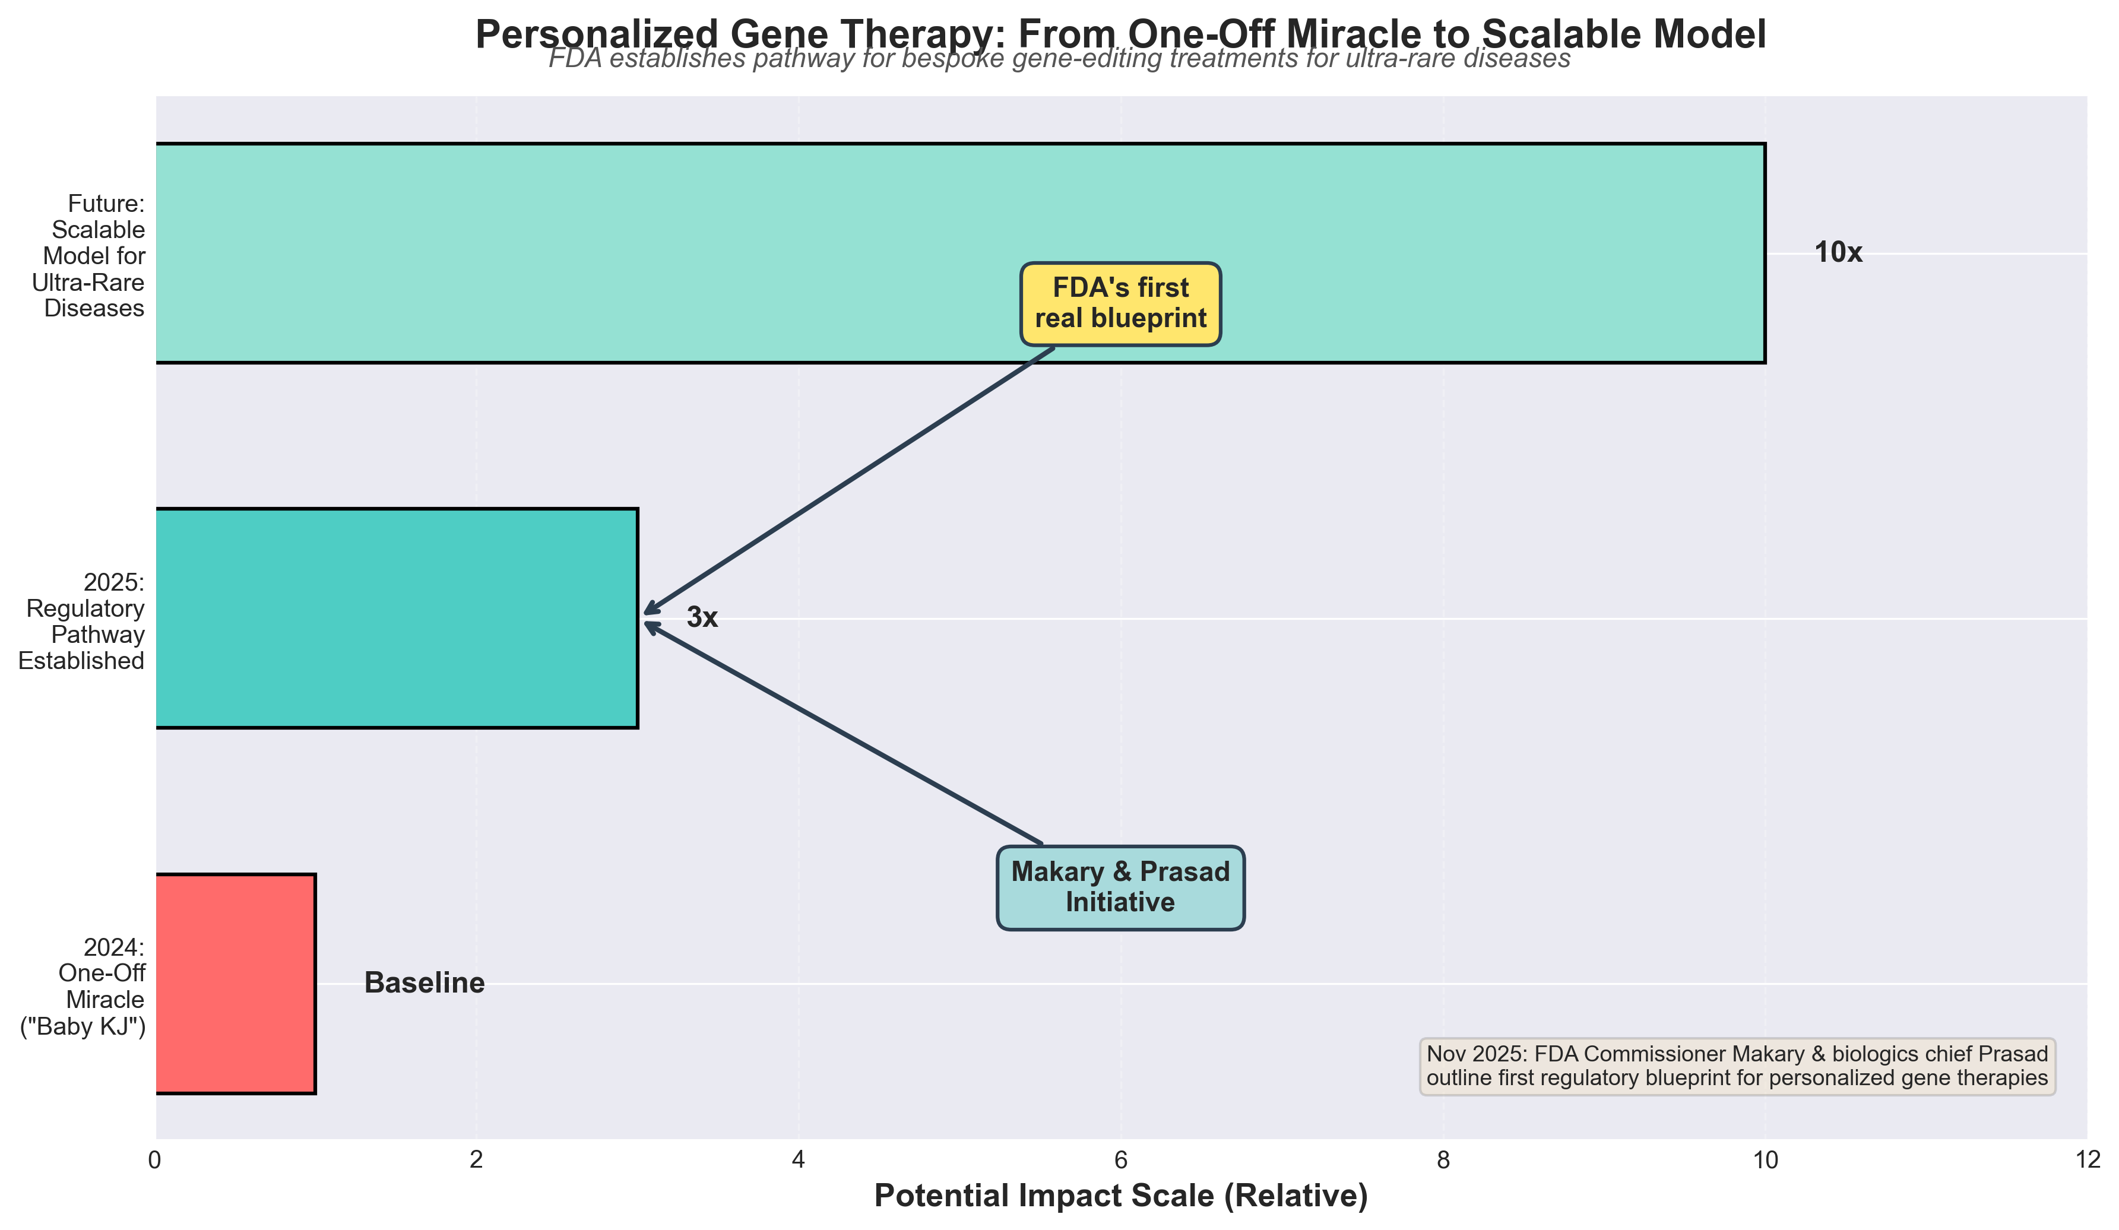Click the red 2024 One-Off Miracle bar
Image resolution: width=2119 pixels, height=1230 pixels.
(x=236, y=984)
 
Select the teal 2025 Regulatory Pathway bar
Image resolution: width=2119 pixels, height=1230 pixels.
(x=395, y=618)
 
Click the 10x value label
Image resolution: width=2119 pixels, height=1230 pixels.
(x=1838, y=253)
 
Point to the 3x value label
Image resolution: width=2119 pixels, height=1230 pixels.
(x=702, y=618)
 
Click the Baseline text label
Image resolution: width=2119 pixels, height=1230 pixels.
(x=425, y=983)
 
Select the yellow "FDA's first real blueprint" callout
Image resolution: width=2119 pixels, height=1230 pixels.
(x=1121, y=303)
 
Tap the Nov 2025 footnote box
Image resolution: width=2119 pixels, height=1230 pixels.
(x=1737, y=1066)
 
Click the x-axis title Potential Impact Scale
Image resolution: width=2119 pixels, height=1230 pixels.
(x=1121, y=1196)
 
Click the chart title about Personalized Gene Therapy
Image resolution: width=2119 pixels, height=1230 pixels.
(x=1121, y=35)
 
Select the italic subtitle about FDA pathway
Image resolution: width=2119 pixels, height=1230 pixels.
(x=1059, y=59)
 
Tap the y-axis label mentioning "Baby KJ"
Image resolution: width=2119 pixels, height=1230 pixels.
(x=84, y=988)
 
